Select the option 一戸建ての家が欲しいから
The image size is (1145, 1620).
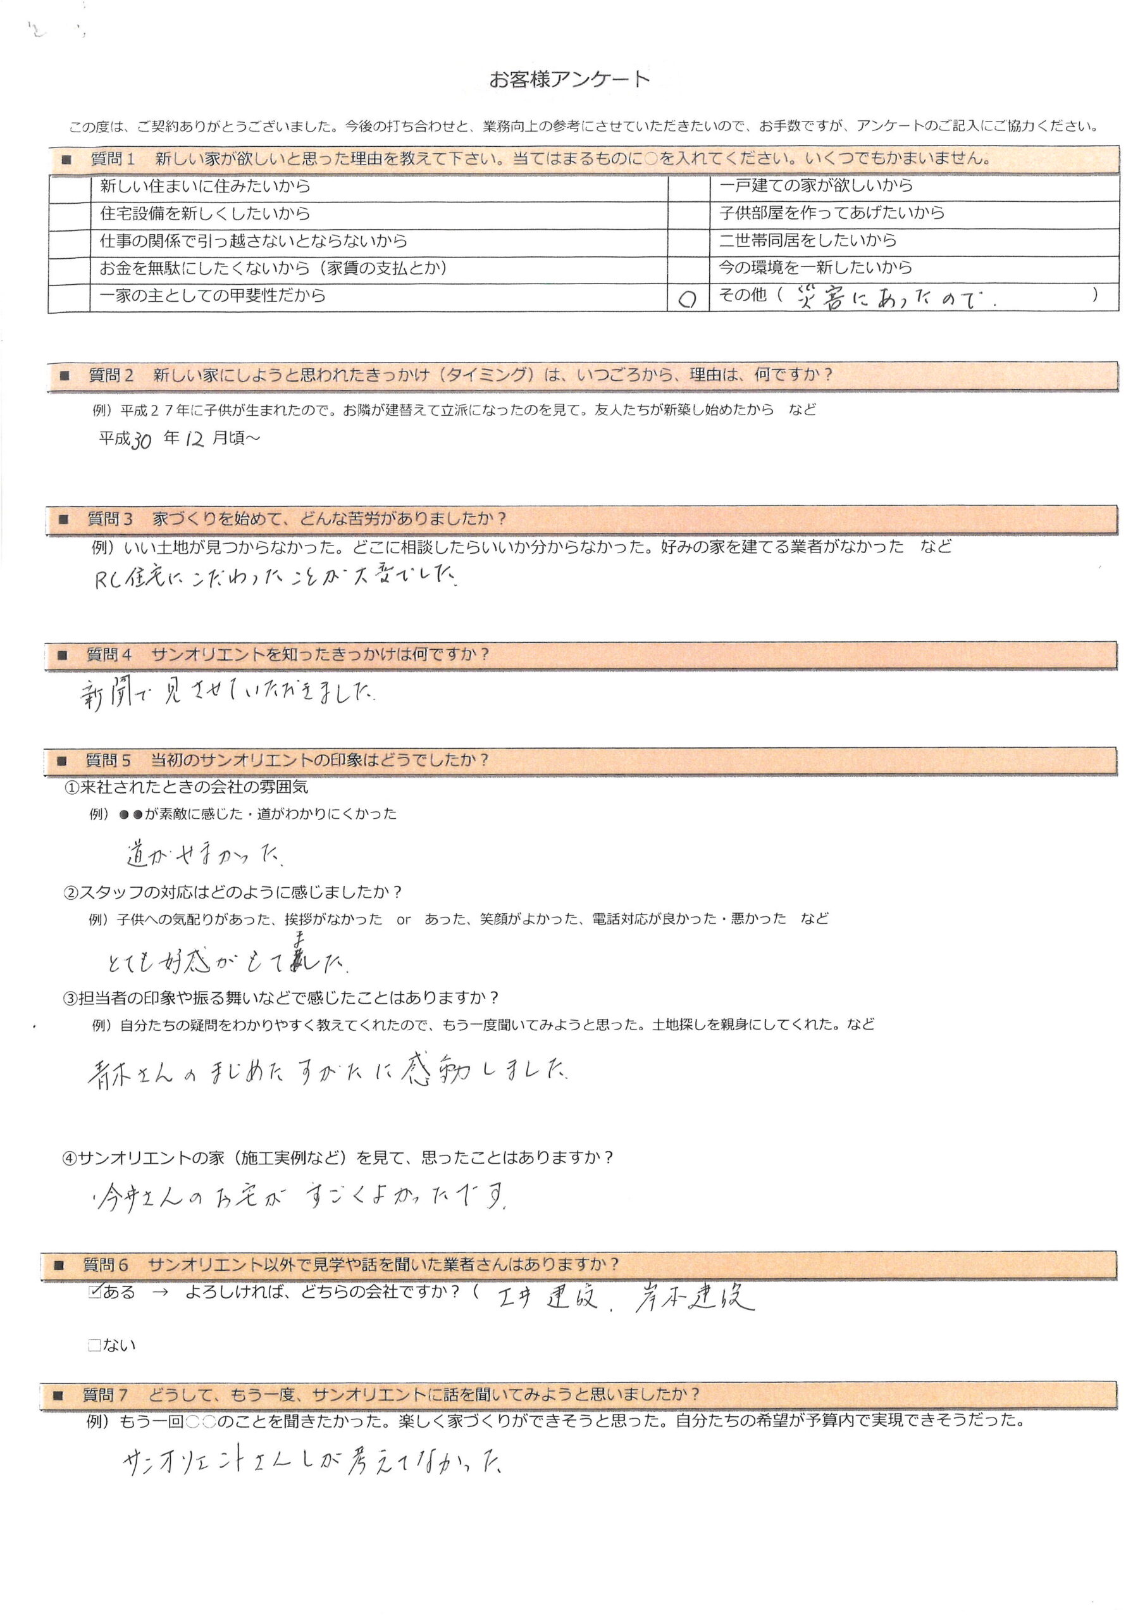(815, 185)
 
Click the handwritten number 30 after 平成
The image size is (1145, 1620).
(141, 440)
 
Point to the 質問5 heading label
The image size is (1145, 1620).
(108, 761)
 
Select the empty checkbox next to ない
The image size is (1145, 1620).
(94, 1345)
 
